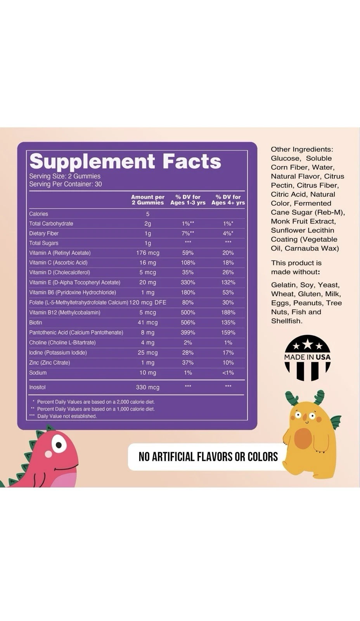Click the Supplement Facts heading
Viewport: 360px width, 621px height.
pyautogui.click(x=125, y=161)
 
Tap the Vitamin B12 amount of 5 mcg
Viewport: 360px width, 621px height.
pyautogui.click(x=147, y=312)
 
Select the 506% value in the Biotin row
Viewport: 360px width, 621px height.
pyautogui.click(x=188, y=323)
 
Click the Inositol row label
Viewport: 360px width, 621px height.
pyautogui.click(x=37, y=387)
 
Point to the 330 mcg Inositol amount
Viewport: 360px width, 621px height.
pyautogui.click(x=147, y=387)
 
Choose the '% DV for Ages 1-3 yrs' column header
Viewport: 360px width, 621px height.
pyautogui.click(x=188, y=199)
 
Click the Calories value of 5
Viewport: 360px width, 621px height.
pyautogui.click(x=147, y=214)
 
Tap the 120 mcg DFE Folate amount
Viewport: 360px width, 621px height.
pyautogui.click(x=147, y=302)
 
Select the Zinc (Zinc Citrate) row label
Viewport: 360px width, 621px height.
pyautogui.click(x=50, y=363)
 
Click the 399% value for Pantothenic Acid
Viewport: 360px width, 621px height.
pyautogui.click(x=188, y=333)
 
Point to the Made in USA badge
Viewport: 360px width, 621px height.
pyautogui.click(x=307, y=357)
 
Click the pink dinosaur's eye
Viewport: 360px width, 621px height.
pyautogui.click(x=58, y=444)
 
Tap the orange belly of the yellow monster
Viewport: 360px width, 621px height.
pyautogui.click(x=303, y=438)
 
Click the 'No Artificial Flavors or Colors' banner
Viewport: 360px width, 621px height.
pyautogui.click(x=208, y=457)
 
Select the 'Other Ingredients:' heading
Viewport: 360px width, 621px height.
pyautogui.click(x=302, y=149)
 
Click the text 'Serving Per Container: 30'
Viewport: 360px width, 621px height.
pyautogui.click(x=66, y=184)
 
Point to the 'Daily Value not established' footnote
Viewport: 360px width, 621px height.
pyautogui.click(x=67, y=416)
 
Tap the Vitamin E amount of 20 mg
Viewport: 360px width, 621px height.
pyautogui.click(x=147, y=283)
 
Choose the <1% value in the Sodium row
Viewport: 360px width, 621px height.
pyautogui.click(x=228, y=373)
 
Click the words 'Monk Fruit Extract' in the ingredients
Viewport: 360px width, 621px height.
pyautogui.click(x=303, y=221)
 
